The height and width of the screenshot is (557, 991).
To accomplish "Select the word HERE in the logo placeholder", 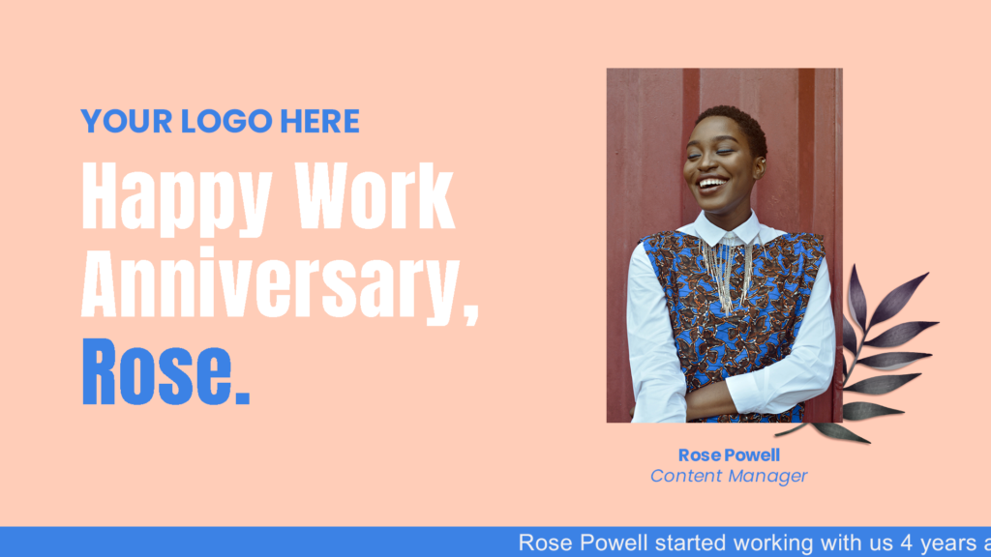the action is click(x=319, y=121).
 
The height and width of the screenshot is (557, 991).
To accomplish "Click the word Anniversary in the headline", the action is click(x=272, y=284).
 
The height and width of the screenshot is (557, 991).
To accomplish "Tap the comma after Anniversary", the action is click(x=471, y=312).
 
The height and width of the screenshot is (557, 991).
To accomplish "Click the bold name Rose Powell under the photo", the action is click(x=729, y=454).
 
